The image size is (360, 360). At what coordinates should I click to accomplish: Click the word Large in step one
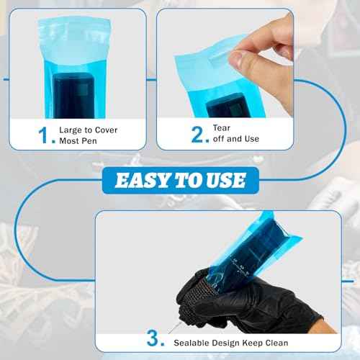73,130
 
